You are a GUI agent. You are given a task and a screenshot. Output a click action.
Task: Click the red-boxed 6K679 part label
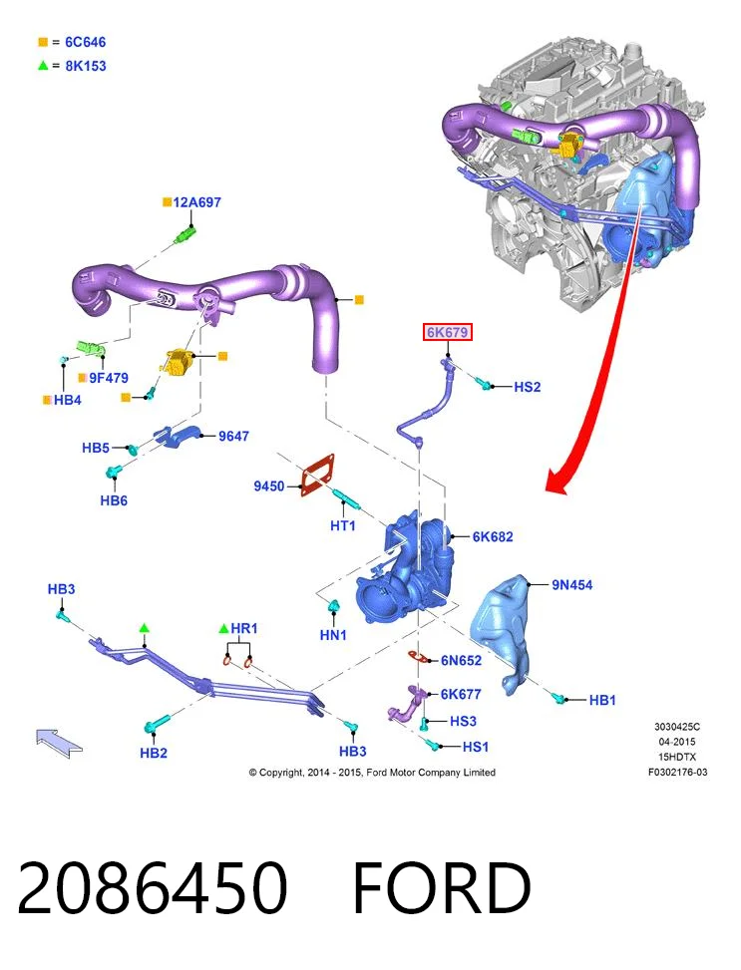pyautogui.click(x=447, y=332)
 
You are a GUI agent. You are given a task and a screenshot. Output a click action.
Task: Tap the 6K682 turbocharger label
pyautogui.click(x=493, y=536)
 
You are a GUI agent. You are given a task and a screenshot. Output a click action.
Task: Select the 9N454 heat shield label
pyautogui.click(x=572, y=584)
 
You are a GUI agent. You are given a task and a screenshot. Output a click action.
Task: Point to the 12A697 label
pyautogui.click(x=196, y=202)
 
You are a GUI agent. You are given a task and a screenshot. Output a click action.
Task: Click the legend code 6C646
pyautogui.click(x=86, y=42)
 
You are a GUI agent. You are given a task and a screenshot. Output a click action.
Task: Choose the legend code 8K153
pyautogui.click(x=86, y=66)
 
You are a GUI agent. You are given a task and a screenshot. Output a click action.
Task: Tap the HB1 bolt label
pyautogui.click(x=602, y=700)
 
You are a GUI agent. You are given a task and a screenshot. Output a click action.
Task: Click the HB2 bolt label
pyautogui.click(x=154, y=753)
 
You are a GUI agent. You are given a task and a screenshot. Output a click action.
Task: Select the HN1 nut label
pyautogui.click(x=333, y=635)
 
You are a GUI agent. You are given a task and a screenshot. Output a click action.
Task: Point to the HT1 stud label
pyautogui.click(x=343, y=525)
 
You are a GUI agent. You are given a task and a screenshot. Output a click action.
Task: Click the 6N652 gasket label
pyautogui.click(x=461, y=661)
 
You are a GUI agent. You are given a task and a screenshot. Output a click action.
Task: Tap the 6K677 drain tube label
pyautogui.click(x=461, y=694)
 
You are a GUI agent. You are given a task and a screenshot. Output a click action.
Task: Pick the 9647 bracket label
pyautogui.click(x=233, y=436)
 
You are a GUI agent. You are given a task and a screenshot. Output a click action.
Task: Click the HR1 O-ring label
pyautogui.click(x=244, y=628)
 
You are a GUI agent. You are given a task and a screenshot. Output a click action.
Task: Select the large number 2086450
pyautogui.click(x=153, y=888)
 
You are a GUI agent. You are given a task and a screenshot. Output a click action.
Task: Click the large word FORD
pyautogui.click(x=442, y=888)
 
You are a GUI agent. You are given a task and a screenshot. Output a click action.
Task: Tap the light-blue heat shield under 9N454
pyautogui.click(x=502, y=633)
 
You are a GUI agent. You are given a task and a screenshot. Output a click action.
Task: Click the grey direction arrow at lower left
pyautogui.click(x=59, y=742)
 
